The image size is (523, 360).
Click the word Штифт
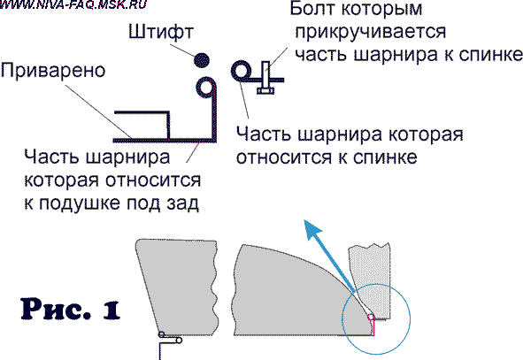[161, 32]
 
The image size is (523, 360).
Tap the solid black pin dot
[202, 60]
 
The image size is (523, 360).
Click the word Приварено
[53, 71]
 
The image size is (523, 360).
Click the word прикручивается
[371, 33]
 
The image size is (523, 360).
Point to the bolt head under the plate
[265, 90]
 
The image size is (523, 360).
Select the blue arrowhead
[312, 229]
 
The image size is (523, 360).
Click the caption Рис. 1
[71, 310]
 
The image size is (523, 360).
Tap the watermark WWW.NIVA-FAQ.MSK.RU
[73, 4]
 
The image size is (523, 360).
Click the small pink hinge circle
[370, 317]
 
